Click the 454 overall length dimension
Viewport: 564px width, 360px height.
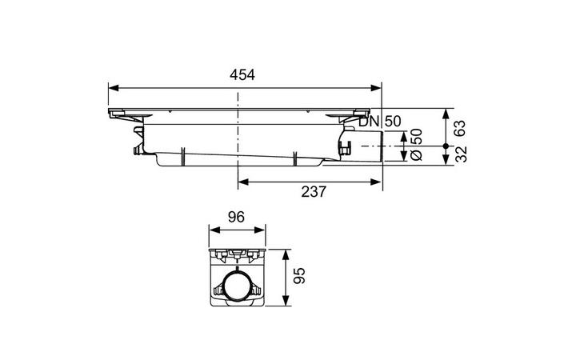click(242, 74)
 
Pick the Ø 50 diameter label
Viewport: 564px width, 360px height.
click(415, 146)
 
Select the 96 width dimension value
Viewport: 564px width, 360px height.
click(236, 216)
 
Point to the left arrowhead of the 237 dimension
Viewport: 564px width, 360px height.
click(243, 181)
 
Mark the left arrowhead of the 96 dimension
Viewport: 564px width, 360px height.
click(213, 230)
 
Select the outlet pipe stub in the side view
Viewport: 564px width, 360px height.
click(367, 146)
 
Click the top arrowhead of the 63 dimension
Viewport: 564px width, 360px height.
click(446, 111)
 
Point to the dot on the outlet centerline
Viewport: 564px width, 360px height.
click(446, 146)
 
